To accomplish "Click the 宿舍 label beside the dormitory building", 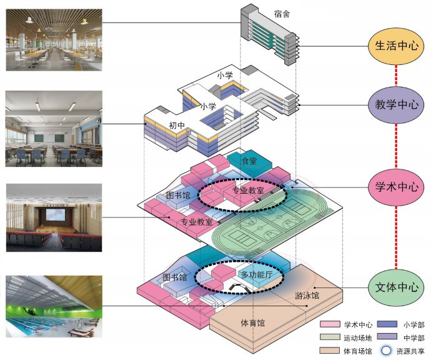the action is coord(282,12).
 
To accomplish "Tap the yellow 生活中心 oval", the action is coord(396,46).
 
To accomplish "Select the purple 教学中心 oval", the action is coord(396,104).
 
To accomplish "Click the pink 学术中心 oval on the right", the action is coord(396,186).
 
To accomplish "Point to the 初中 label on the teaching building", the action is coord(177,125).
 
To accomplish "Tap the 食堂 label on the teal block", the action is coord(249,161).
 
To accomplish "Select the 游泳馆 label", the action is coord(306,295).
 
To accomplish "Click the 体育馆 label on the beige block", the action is coord(253,323).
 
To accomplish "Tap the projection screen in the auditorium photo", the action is coord(53,215).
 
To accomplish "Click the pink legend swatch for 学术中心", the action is coord(329,325).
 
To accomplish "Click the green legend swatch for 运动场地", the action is coord(329,337).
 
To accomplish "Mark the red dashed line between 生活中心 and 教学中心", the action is coord(396,75).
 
